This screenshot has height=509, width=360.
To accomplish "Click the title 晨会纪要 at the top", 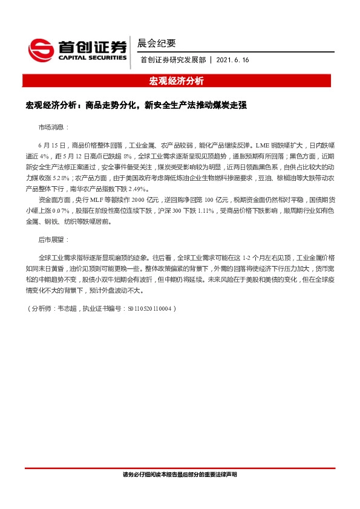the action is pos(157,43).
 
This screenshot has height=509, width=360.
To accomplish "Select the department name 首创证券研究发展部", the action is pos(174,60).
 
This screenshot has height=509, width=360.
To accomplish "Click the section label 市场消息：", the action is pos(54,128).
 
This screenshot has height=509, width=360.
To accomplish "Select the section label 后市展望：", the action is pos(54,240).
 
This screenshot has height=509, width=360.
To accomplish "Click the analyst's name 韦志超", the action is pos(66,308).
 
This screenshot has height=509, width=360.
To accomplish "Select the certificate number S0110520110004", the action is pos(151,308).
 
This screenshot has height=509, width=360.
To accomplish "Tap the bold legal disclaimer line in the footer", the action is pos(180,475).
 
